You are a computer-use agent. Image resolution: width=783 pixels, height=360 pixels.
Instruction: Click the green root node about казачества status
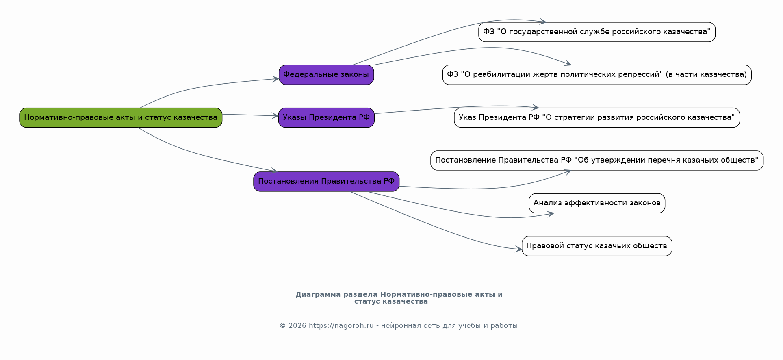click(x=121, y=118)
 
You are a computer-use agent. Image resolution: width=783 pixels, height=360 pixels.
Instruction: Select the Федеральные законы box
click(x=326, y=75)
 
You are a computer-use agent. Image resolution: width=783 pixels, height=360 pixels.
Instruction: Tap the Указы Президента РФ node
click(x=326, y=118)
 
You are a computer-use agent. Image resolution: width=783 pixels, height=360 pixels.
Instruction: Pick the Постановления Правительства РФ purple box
click(x=326, y=182)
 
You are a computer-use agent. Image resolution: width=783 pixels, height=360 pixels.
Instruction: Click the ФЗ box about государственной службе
click(x=597, y=32)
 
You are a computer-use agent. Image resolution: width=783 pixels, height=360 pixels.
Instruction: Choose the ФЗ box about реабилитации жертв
click(x=597, y=75)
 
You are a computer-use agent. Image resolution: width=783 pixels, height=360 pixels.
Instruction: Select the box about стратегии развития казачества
click(x=597, y=118)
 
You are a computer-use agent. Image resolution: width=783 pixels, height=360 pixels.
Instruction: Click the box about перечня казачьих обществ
click(x=597, y=160)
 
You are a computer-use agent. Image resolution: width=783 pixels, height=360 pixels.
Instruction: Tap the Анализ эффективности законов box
click(x=597, y=203)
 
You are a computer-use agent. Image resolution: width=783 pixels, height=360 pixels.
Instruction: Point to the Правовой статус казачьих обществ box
click(x=597, y=246)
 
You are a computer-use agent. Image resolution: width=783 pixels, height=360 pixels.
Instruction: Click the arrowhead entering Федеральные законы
click(x=276, y=79)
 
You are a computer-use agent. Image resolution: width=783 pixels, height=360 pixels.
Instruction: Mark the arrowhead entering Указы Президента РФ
click(x=275, y=116)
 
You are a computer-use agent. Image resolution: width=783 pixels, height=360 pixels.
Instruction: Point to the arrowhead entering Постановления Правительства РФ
click(x=274, y=171)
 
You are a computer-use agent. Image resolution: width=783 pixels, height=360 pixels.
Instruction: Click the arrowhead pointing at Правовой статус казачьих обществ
click(x=518, y=249)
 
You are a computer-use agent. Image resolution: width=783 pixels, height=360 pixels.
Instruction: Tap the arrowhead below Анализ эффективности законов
click(x=550, y=214)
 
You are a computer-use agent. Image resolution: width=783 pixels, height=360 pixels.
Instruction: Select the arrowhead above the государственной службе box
click(x=542, y=22)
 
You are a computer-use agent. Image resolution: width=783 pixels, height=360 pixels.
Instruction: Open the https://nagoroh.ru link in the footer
click(x=341, y=326)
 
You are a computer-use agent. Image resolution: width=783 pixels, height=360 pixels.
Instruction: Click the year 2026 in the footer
click(x=297, y=326)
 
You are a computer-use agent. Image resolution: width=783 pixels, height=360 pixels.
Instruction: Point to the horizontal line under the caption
click(x=399, y=313)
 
